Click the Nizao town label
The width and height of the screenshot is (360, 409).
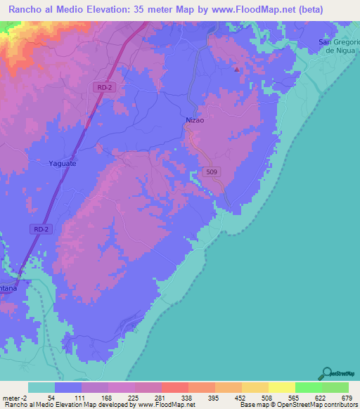coord(195,121)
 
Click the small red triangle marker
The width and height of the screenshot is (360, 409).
coord(237,69)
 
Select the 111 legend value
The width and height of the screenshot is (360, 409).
coord(82,397)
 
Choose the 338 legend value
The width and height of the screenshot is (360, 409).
coord(188,397)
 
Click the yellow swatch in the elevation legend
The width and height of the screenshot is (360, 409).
coord(281,387)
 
